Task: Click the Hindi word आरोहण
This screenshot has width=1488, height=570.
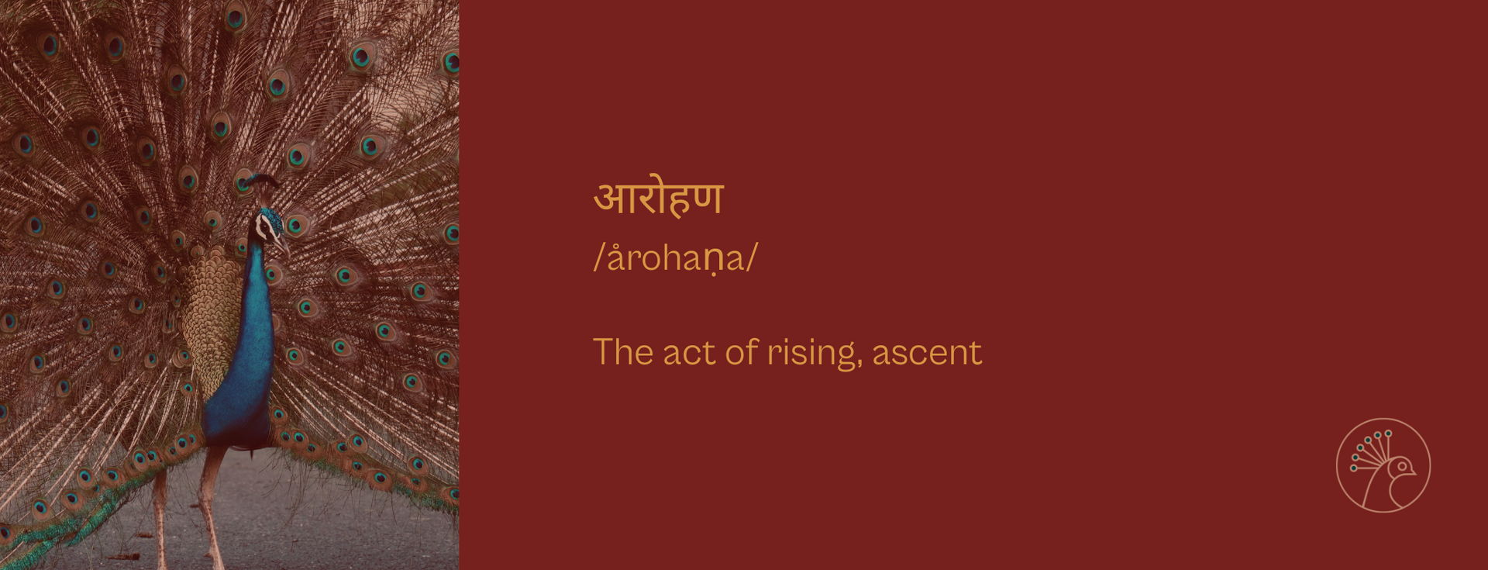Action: point(658,199)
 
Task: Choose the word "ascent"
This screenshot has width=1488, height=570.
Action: point(927,354)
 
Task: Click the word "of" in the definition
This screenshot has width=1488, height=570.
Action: point(742,352)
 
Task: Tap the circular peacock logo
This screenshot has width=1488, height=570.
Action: point(1383,465)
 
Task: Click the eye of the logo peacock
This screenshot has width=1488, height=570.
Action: point(1402,466)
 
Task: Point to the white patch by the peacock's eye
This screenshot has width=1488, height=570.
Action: point(264,226)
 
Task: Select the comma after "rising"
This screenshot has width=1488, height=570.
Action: point(859,364)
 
